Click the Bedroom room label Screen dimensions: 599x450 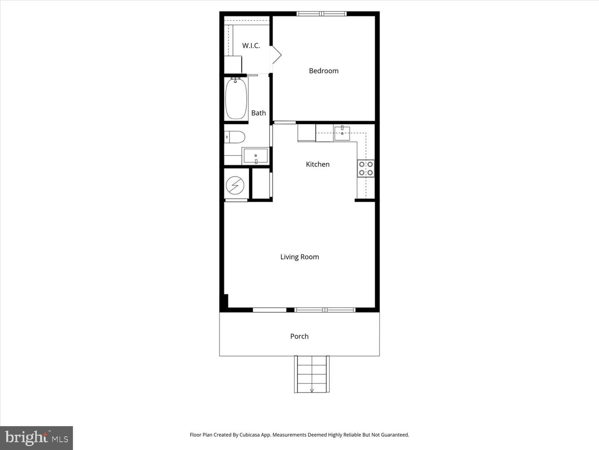324,71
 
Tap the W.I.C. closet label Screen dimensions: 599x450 251,46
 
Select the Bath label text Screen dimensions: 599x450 258,113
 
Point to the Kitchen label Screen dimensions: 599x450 318,164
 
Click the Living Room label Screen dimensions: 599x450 299,257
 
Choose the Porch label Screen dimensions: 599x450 299,336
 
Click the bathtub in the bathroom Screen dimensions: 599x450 236,99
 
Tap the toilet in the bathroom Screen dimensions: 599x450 235,137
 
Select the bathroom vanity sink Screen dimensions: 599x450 255,156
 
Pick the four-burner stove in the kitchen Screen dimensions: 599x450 366,169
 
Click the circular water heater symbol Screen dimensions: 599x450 235,185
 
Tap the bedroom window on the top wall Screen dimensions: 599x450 322,14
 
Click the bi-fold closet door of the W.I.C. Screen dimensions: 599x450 276,55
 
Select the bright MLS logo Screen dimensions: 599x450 37,438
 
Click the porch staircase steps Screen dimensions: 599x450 312,374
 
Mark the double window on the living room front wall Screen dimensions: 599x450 325,310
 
